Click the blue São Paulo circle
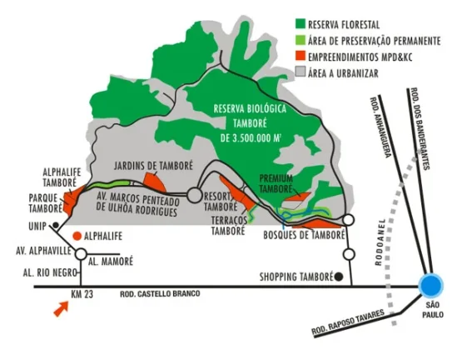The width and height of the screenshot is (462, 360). click(431, 285)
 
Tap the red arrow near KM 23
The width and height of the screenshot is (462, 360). click(62, 309)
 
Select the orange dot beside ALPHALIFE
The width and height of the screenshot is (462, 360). click(77, 236)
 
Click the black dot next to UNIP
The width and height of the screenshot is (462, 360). click(55, 226)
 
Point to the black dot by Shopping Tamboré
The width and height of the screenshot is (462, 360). click(339, 277)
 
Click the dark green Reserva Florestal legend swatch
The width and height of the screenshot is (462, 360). click(301, 24)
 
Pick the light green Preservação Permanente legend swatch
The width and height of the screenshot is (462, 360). click(301, 40)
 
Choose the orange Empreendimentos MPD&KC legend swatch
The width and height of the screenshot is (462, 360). click(301, 56)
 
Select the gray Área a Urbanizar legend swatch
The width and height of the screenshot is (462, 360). click(301, 72)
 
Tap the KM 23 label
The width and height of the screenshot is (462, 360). click(82, 294)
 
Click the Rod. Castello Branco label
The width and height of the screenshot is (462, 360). click(160, 294)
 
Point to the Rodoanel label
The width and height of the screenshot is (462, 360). click(380, 242)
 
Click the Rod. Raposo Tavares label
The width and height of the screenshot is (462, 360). click(348, 322)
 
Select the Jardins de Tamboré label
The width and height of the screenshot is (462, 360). click(153, 166)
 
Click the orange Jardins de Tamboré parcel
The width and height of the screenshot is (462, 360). click(156, 182)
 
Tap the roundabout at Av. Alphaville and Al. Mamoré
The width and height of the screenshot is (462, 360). click(81, 254)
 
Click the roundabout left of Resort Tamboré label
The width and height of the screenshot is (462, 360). click(195, 195)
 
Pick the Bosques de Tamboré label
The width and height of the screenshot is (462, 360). click(304, 235)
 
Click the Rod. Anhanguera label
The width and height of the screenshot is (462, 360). click(380, 127)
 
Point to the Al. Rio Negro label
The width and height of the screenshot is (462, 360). click(50, 272)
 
